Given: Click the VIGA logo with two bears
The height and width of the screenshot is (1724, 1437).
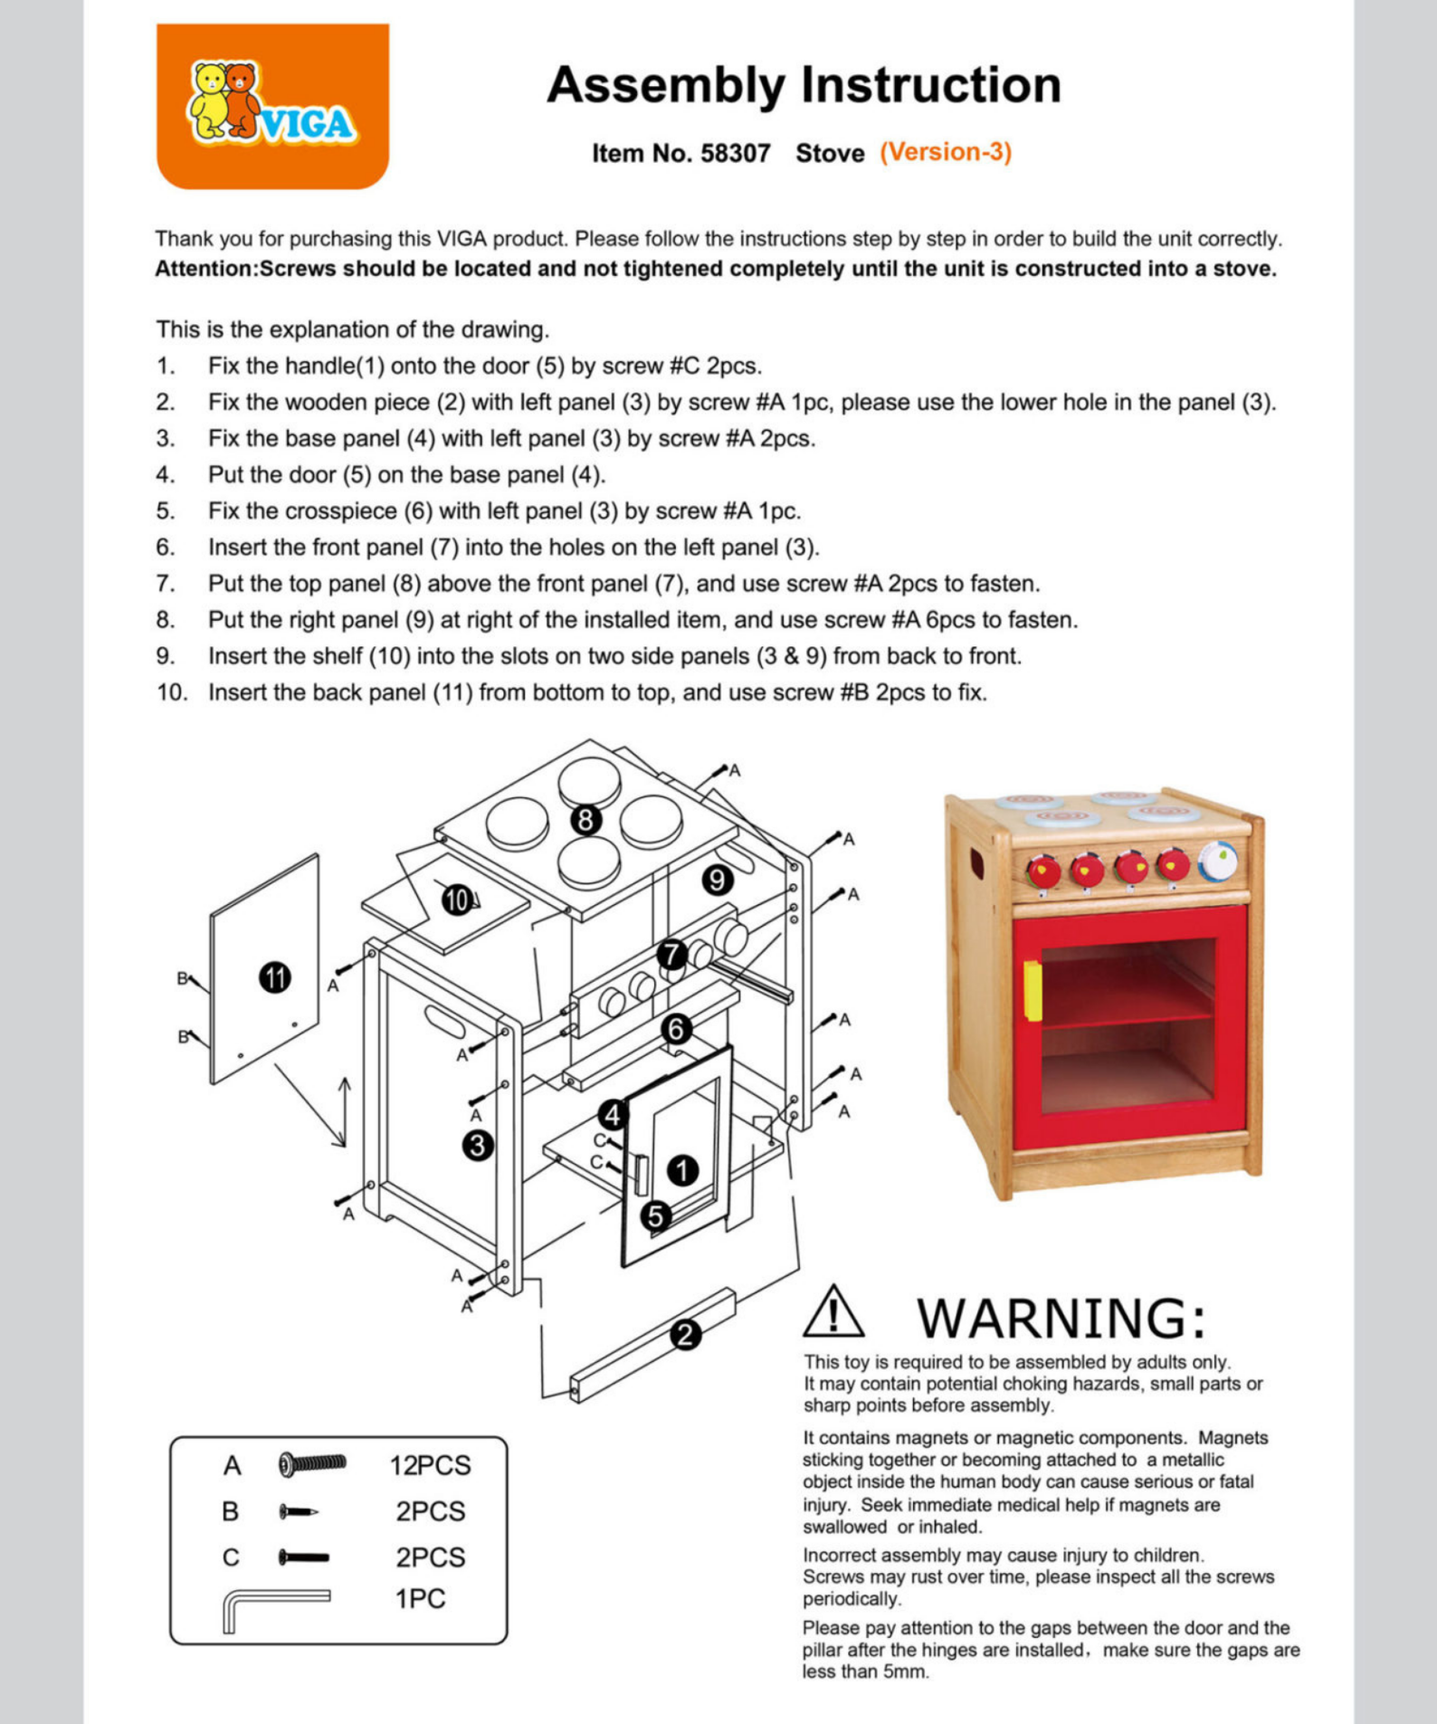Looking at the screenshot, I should click(x=271, y=106).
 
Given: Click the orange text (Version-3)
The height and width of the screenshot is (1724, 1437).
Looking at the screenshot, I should click(x=946, y=152).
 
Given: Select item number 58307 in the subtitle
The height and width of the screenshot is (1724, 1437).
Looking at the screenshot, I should click(x=735, y=153).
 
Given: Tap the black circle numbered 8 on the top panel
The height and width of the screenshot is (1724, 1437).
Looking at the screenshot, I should click(x=586, y=820).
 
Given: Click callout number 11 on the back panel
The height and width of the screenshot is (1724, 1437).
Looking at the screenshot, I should click(x=275, y=977).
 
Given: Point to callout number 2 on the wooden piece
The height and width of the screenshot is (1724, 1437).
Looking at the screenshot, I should click(x=685, y=1334).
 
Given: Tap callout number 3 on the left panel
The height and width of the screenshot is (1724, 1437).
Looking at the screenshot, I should click(x=478, y=1146).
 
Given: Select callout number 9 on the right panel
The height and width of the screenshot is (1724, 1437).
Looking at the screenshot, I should click(x=718, y=880).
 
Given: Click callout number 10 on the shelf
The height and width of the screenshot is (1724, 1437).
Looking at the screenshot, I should click(x=458, y=900).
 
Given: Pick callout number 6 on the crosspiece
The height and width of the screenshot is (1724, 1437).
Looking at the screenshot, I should click(x=676, y=1029).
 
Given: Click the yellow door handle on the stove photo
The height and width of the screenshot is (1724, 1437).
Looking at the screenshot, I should click(x=1033, y=990).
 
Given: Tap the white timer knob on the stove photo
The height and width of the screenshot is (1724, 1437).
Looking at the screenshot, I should click(x=1218, y=861).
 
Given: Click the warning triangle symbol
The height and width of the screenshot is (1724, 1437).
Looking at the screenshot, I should click(x=833, y=1312).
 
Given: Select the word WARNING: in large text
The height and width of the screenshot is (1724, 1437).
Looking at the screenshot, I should click(x=1061, y=1318).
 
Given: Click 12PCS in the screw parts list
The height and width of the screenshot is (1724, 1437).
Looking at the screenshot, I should click(x=430, y=1465).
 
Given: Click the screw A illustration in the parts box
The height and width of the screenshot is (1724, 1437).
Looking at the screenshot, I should click(x=312, y=1463).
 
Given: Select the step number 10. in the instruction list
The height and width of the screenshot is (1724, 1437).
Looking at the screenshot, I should click(x=171, y=692).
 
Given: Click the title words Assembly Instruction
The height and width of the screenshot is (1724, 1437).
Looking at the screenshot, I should click(x=804, y=85).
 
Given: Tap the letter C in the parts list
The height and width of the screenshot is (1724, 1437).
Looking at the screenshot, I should click(x=231, y=1557).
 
